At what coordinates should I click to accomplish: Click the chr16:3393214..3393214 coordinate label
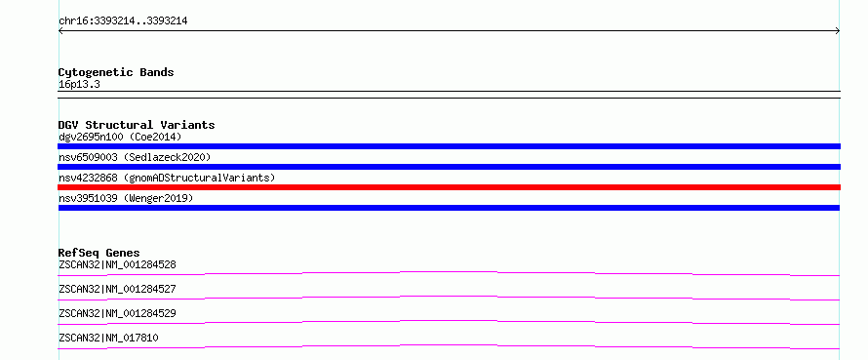point(123,21)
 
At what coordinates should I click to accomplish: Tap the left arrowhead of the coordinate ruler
point(59,31)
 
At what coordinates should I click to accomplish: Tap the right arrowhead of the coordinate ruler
point(839,31)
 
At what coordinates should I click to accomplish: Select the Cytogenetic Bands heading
point(116,72)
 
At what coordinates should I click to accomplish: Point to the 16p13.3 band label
point(79,85)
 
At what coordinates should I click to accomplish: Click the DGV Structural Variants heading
point(137,125)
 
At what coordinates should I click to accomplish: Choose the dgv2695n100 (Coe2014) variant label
point(120,137)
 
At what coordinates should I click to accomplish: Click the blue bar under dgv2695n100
point(449,146)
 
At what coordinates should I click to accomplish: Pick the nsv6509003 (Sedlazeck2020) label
point(135,157)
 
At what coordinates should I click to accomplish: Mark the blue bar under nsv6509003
point(449,167)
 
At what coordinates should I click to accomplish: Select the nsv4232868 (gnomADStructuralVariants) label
point(167,178)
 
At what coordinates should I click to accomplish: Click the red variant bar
point(449,187)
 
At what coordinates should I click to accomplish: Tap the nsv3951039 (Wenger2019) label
point(126,198)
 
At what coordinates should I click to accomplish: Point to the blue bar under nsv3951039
point(449,208)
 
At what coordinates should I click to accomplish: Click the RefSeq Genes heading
point(99,253)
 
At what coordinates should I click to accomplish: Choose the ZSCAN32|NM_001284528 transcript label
point(117,264)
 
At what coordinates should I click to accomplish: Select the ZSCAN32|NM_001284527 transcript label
point(117,289)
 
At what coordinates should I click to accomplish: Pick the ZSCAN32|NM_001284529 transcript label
point(117,313)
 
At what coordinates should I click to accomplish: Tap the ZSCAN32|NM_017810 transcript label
point(108,338)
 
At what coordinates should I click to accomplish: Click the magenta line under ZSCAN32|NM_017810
point(449,345)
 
